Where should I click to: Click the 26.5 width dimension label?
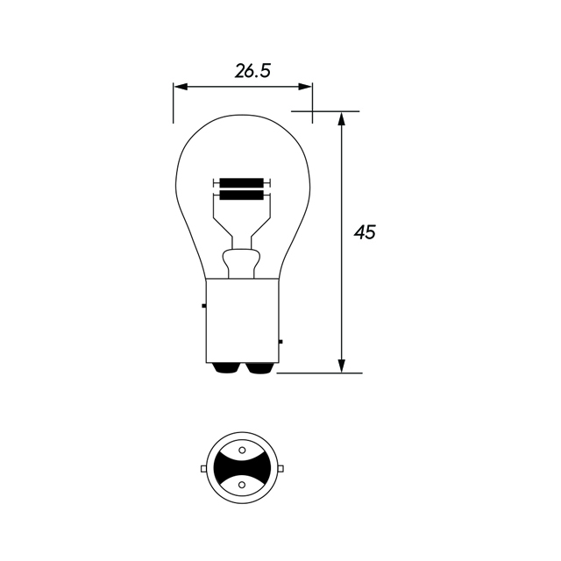pos(252,71)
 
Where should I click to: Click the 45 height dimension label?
pos(365,232)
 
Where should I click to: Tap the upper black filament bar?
pos(242,182)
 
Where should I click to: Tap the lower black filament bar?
pos(242,195)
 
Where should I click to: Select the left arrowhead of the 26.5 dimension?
pos(179,87)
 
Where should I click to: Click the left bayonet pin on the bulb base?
pos(202,305)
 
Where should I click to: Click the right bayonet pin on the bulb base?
pos(280,341)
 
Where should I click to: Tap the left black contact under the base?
pos(226,368)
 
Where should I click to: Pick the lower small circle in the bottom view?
pos(242,483)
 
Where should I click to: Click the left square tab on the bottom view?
pos(203,469)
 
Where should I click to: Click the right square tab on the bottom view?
pos(280,469)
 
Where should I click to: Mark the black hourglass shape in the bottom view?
pos(242,469)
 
